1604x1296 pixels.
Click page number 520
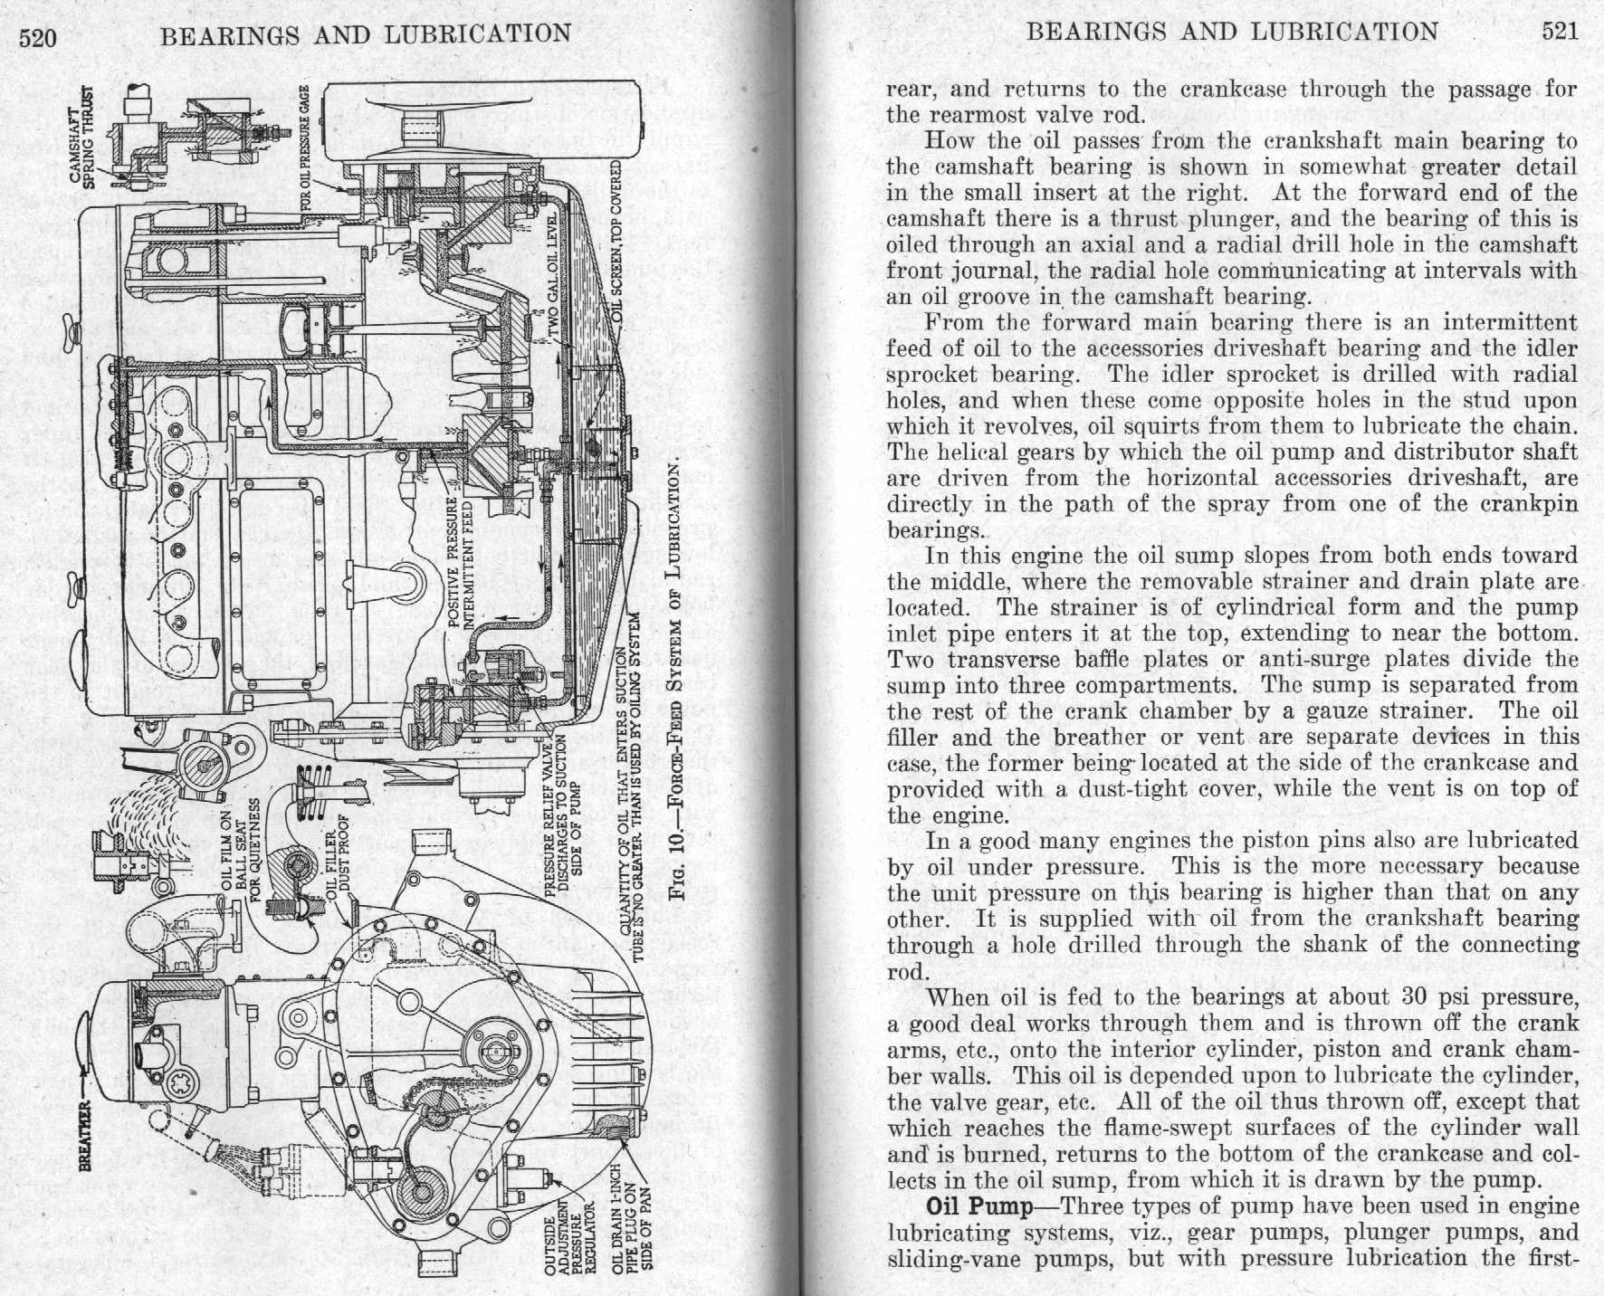click(37, 36)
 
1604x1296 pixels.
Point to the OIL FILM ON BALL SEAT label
click(242, 852)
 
